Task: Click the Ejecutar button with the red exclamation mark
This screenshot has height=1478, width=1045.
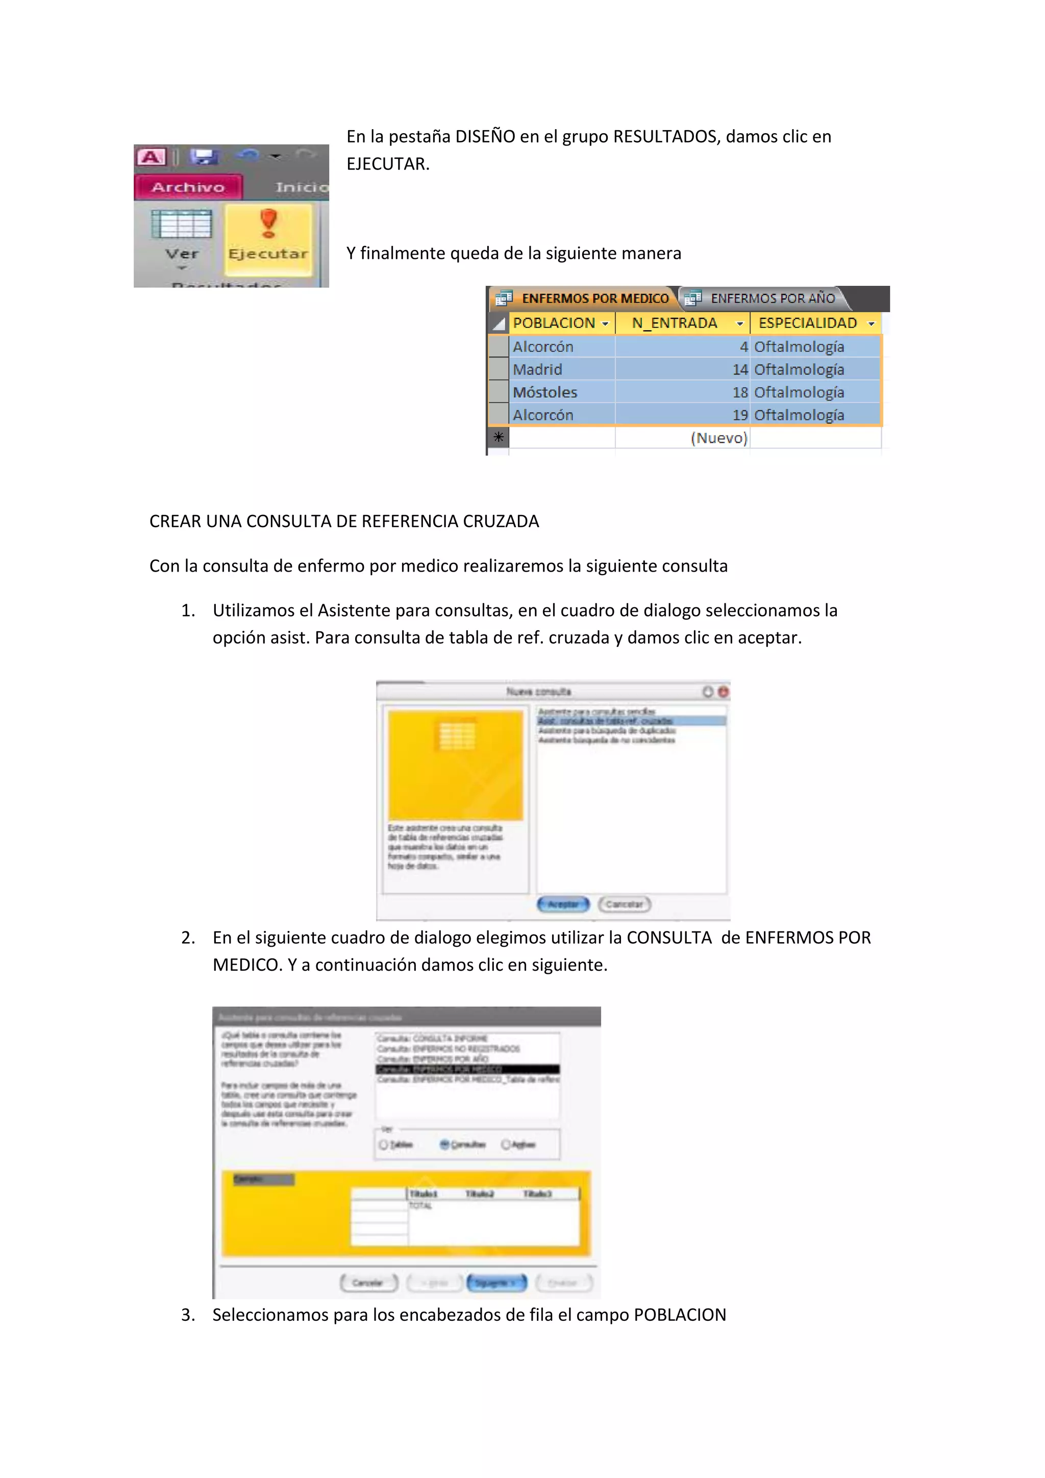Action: tap(268, 236)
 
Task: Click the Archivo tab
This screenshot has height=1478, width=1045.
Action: tap(188, 187)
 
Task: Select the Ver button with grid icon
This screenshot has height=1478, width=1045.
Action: tap(182, 236)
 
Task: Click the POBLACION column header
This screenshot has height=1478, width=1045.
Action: tap(554, 323)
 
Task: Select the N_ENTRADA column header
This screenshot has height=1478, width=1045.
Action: tap(675, 323)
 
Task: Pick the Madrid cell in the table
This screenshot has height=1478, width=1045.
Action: tap(538, 370)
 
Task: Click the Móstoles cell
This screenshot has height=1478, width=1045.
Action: tap(545, 392)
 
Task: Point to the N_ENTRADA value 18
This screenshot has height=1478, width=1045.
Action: tap(740, 392)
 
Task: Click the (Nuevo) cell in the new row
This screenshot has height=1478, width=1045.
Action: tap(719, 438)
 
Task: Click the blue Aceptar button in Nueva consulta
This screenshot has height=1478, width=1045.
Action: tap(563, 904)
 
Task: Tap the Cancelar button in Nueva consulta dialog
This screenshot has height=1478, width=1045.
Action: tap(624, 904)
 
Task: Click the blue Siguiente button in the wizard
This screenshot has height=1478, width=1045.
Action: tap(496, 1283)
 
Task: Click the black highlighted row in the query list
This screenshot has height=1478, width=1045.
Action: tap(467, 1069)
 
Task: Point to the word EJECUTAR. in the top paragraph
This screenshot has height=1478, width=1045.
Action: tap(388, 164)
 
